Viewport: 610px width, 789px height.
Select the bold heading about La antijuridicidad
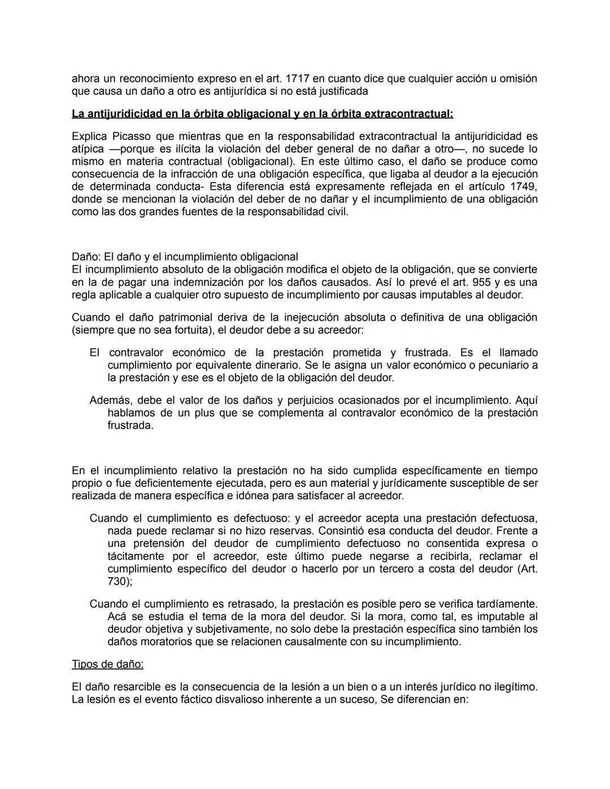[x=262, y=114]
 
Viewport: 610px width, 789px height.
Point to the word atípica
[x=88, y=149]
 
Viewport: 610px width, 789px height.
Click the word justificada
[x=341, y=91]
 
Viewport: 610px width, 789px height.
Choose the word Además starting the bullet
[x=110, y=400]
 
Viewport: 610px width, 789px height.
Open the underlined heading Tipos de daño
[x=107, y=664]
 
